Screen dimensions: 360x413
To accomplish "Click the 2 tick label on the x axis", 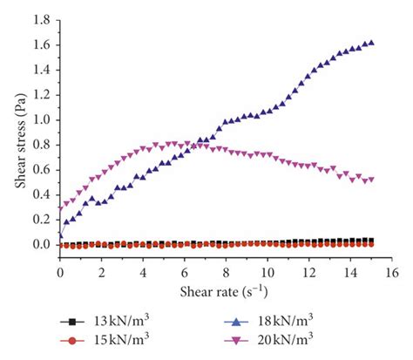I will coord(101,273).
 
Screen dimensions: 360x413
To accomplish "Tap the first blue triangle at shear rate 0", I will coord(60,234).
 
